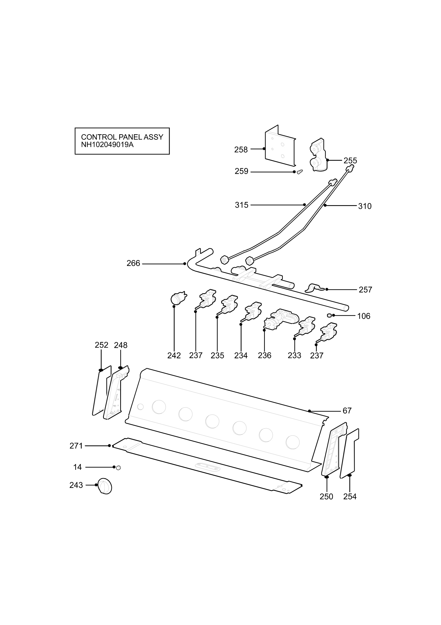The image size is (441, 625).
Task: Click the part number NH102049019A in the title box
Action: (x=107, y=145)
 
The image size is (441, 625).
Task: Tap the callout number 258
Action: (x=241, y=150)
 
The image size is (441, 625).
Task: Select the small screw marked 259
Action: (x=300, y=172)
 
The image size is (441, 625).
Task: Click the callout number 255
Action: (x=350, y=161)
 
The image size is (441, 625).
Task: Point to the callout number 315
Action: (x=242, y=205)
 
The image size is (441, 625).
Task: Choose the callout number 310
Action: (x=365, y=206)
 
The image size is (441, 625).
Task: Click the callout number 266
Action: (x=133, y=264)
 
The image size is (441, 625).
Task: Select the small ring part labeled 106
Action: (x=329, y=315)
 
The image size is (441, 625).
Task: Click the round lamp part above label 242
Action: (x=178, y=298)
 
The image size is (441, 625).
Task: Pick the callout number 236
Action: (x=265, y=355)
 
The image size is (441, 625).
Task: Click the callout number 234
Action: (x=241, y=355)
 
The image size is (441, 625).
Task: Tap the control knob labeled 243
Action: (x=105, y=486)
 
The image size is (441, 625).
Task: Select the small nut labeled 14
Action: (x=118, y=468)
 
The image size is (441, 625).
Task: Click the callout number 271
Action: (x=76, y=446)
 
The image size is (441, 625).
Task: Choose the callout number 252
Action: (x=101, y=345)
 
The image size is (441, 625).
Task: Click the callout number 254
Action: (x=350, y=497)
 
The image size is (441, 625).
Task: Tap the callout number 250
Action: (x=326, y=497)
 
